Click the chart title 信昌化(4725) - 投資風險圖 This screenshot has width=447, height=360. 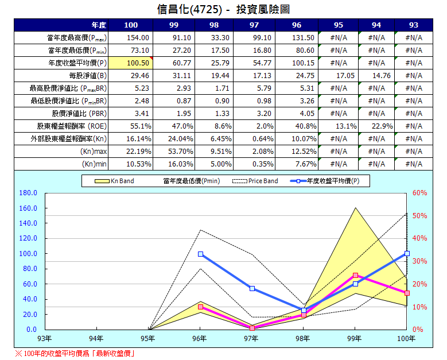[x=223, y=9]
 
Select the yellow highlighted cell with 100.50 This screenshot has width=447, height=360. [x=131, y=63]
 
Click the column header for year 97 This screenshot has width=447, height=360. [x=253, y=25]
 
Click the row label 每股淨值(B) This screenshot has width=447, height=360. [x=87, y=75]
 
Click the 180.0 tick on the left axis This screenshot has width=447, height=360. [x=28, y=193]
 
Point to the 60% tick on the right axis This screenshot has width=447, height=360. [x=419, y=193]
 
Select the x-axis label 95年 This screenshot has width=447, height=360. [x=148, y=339]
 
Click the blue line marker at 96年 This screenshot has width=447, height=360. [x=200, y=254]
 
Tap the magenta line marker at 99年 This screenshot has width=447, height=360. [x=355, y=276]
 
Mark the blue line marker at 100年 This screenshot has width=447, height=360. [x=407, y=253]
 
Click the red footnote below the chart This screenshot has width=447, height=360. [x=75, y=353]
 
